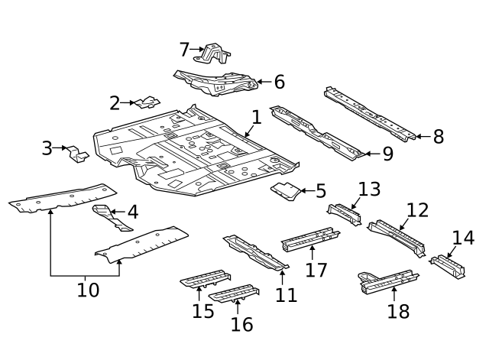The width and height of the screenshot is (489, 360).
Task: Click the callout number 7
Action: [x=184, y=50]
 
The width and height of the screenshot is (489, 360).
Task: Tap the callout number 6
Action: [x=279, y=83]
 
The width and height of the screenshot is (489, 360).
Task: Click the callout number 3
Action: [x=47, y=148]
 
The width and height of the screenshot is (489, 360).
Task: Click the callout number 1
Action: [x=257, y=118]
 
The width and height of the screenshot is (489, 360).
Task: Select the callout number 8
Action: [x=438, y=137]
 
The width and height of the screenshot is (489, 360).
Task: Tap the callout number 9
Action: [x=387, y=154]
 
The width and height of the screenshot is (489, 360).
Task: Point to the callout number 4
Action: [x=133, y=212]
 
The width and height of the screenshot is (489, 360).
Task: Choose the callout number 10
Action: [x=88, y=290]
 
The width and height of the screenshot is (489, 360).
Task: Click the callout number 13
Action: [x=369, y=189]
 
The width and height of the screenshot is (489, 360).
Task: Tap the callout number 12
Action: [x=417, y=210]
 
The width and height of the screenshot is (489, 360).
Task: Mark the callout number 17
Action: [x=316, y=270]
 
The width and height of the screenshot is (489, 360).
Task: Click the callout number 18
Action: [x=398, y=310]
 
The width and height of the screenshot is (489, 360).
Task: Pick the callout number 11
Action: [x=286, y=294]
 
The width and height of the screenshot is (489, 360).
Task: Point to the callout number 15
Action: [x=202, y=310]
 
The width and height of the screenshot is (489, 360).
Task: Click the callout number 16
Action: [x=241, y=324]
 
